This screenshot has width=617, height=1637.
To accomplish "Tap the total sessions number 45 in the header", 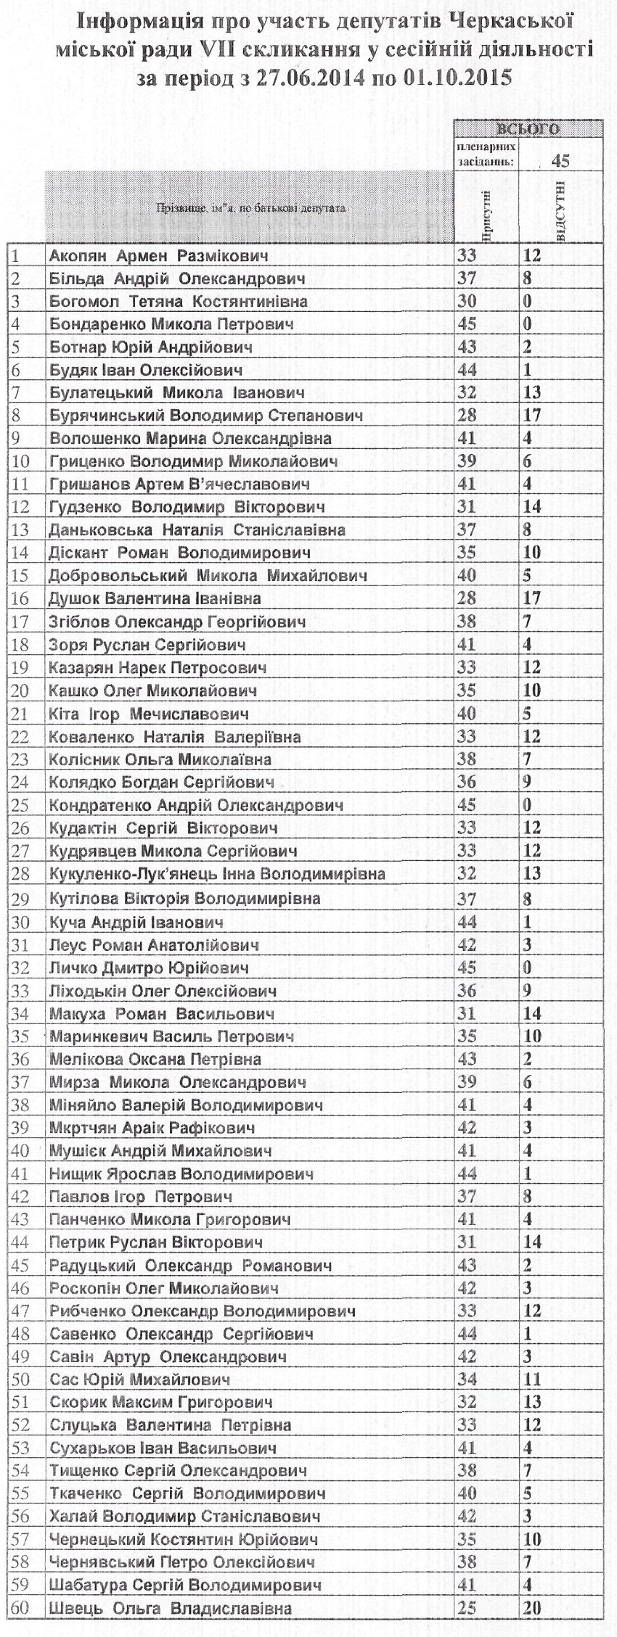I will [560, 160].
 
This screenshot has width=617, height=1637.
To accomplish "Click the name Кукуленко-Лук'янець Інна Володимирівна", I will [217, 874].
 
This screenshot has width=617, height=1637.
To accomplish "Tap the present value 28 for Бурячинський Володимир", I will [468, 416].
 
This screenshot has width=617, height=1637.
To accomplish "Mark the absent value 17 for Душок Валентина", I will [532, 599].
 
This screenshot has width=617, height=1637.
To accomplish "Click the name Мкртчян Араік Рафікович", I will [152, 1129].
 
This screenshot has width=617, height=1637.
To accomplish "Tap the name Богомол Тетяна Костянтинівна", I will [179, 302].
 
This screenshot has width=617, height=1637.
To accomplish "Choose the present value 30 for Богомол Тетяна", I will [468, 302].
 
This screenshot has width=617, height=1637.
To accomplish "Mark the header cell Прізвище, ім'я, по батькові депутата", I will [250, 209].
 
